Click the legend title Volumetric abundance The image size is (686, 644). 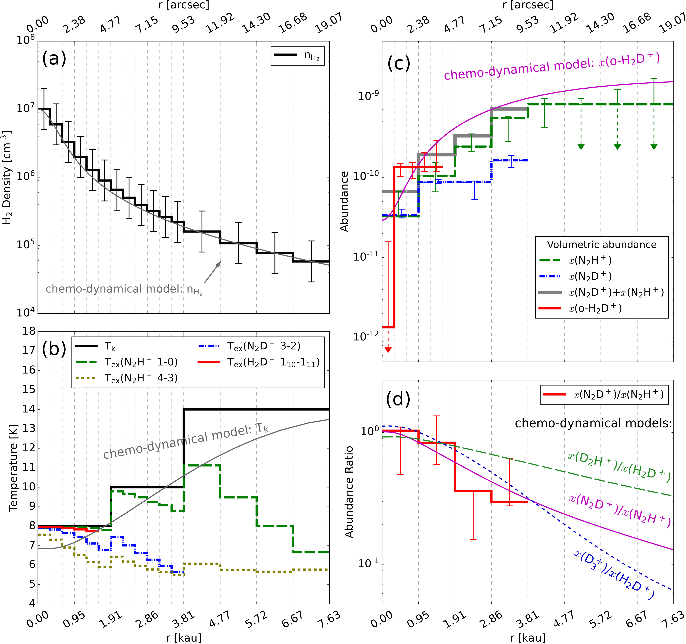tap(602, 245)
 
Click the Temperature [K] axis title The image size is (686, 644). tap(13, 468)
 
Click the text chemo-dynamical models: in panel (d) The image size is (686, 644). tap(593, 423)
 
